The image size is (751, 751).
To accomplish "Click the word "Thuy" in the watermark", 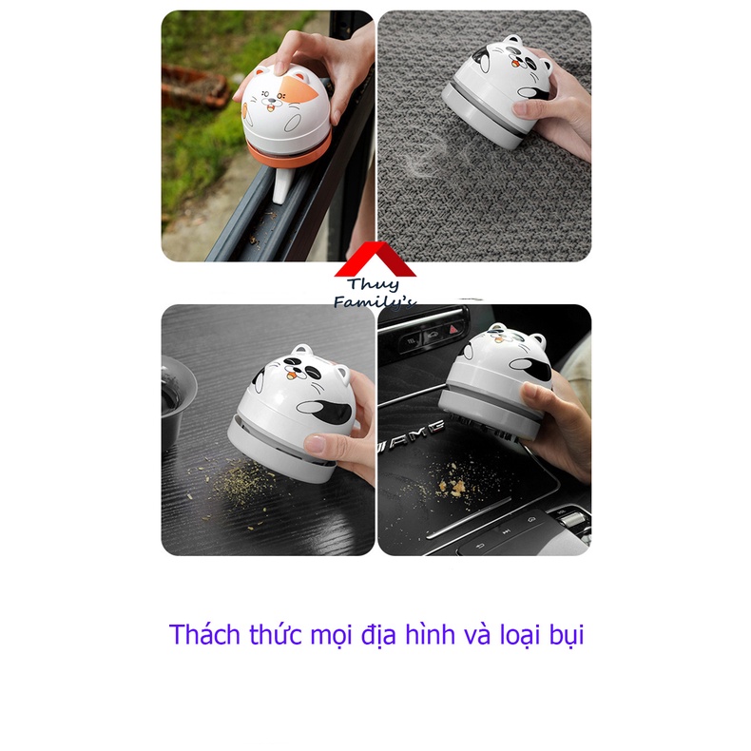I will point(375,284).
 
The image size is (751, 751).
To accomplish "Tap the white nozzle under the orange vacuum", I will point(282,187).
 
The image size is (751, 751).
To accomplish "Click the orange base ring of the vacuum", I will point(290,149).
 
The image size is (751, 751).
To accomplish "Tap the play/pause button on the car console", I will point(508,532).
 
